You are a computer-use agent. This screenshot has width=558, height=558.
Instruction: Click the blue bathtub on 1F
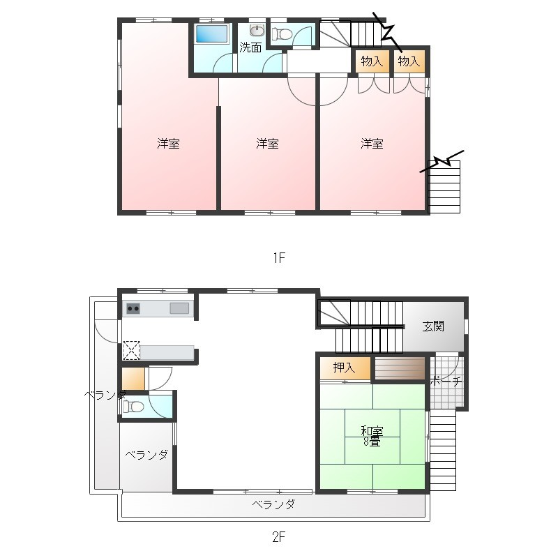click(211, 34)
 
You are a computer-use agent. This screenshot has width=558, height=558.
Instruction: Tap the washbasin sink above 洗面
click(257, 30)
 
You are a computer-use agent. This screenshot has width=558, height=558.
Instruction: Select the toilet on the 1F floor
click(282, 34)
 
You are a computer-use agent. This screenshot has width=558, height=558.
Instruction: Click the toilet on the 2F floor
click(133, 406)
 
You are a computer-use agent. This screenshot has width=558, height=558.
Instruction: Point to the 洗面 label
click(250, 47)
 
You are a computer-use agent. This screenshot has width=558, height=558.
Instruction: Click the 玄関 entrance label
click(433, 326)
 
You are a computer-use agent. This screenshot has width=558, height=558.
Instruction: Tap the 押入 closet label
click(344, 368)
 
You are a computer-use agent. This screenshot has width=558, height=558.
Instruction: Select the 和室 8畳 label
click(372, 437)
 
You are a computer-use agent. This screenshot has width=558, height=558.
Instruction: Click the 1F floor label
click(280, 257)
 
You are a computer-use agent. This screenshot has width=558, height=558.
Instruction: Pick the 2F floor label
click(279, 536)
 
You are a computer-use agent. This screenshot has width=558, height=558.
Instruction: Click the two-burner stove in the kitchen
click(133, 308)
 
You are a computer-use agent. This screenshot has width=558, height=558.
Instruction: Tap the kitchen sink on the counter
click(179, 308)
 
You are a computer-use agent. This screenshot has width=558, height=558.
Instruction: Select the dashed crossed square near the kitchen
click(131, 350)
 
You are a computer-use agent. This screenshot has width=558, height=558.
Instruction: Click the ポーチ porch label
click(446, 382)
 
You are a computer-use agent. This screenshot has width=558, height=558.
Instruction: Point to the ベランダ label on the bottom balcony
click(273, 504)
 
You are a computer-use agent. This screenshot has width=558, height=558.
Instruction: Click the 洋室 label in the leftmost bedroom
click(168, 144)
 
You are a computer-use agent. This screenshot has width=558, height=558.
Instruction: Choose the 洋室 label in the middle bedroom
click(267, 144)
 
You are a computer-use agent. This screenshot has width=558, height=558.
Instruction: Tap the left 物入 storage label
click(372, 61)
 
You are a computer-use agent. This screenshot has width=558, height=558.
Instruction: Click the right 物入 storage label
click(409, 61)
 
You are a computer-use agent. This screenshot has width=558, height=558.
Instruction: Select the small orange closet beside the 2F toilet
click(133, 379)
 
